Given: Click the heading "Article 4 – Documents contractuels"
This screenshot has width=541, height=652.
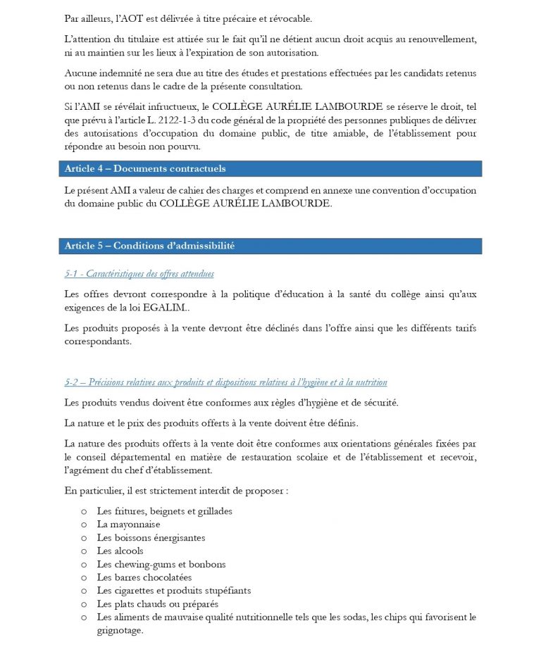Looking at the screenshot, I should (145, 169).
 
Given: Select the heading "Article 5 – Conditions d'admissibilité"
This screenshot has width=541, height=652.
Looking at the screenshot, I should (149, 246).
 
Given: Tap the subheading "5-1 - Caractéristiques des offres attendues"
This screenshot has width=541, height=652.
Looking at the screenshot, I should (139, 274).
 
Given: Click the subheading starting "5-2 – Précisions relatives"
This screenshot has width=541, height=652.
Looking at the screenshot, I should (225, 382).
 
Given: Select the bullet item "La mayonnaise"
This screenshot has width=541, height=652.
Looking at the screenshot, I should (128, 524).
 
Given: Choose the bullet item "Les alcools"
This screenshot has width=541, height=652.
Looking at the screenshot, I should (120, 551).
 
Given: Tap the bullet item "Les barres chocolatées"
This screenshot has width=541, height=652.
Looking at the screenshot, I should (144, 577).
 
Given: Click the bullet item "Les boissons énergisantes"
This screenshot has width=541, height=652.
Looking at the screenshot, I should (151, 537).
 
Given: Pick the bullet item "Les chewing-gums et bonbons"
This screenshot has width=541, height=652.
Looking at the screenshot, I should (161, 564).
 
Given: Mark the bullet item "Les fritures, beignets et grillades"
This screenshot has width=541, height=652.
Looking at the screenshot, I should (164, 510).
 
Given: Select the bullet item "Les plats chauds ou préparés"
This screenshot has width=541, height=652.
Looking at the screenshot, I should (157, 604).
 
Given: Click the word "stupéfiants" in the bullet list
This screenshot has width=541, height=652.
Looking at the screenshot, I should (226, 591).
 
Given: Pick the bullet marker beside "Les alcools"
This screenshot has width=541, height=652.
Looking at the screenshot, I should (84, 551).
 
